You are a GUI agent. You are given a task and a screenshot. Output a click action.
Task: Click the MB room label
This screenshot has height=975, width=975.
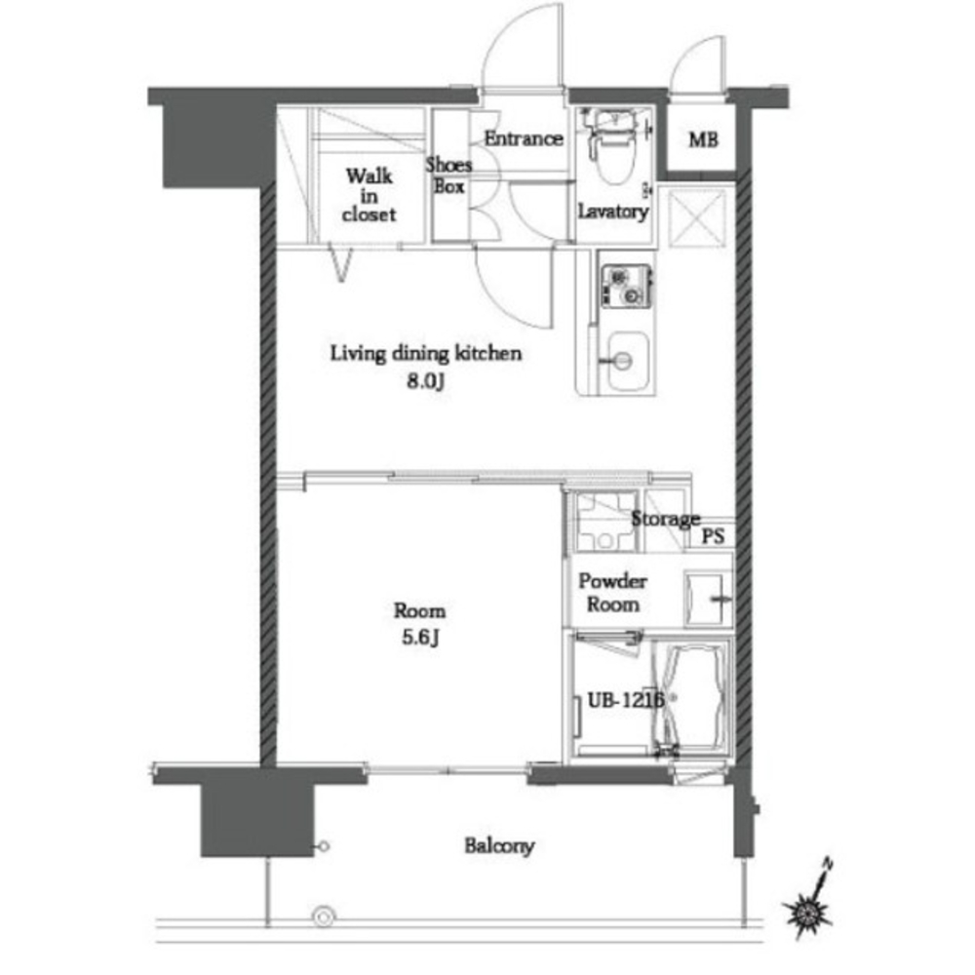[703, 139]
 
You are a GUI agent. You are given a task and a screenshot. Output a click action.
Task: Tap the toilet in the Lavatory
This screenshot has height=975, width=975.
[612, 146]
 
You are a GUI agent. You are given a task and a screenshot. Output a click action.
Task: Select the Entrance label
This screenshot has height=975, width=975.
[524, 138]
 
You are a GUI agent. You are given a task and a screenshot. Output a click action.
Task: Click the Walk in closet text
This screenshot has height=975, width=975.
[369, 195]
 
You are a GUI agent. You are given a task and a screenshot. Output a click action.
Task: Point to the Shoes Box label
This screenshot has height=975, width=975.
[448, 175]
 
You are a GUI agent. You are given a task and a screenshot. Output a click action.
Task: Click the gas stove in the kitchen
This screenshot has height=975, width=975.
[626, 287]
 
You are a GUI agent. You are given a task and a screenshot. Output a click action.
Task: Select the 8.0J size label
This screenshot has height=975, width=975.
[426, 380]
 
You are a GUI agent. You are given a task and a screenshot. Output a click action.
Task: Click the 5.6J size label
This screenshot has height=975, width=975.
[420, 638]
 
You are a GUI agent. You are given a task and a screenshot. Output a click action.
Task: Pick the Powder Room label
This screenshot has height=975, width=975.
[612, 593]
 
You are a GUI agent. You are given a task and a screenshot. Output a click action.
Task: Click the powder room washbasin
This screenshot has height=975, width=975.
[708, 599]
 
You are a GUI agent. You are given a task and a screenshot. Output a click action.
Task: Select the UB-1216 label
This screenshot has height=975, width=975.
[626, 700]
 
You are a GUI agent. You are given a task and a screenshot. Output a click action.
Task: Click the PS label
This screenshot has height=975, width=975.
[714, 536]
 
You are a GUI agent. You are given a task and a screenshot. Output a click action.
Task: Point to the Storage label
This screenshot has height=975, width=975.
[665, 519]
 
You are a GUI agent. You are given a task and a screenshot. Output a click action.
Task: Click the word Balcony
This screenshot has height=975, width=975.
[499, 845]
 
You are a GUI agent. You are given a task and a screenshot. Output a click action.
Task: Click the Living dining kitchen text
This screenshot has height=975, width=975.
[426, 353]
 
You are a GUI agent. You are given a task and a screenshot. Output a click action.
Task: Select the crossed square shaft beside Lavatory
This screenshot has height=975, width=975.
[699, 218]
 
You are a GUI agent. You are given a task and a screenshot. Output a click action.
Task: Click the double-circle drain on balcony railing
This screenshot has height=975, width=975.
[324, 916]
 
